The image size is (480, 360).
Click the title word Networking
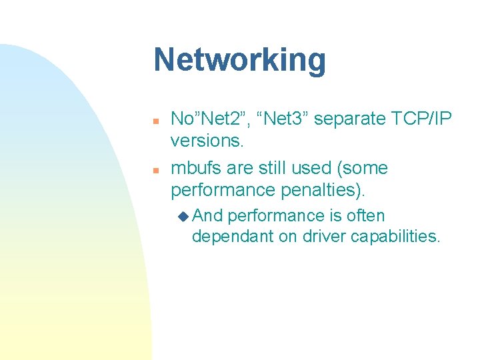pyautogui.click(x=239, y=61)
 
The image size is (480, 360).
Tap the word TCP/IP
pyautogui.click(x=419, y=119)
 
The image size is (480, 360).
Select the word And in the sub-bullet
pyautogui.click(x=209, y=216)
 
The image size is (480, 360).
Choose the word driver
pyautogui.click(x=329, y=236)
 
